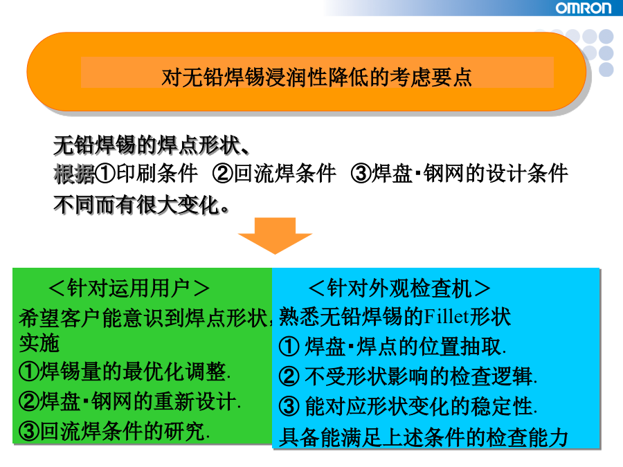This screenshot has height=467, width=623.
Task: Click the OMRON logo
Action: (584, 8)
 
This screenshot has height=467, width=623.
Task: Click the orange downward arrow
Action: (275, 235)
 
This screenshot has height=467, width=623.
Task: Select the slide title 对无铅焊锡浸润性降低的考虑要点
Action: (316, 77)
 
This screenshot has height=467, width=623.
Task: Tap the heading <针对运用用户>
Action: (129, 288)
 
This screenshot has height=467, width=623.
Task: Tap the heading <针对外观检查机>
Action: (399, 289)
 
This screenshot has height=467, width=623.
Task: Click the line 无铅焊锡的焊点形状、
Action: (152, 145)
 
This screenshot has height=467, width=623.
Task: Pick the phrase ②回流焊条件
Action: (274, 174)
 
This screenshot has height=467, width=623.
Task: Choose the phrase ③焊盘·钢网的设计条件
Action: (460, 174)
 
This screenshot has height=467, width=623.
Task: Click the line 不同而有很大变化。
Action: (141, 205)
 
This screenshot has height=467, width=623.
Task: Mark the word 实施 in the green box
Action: (39, 343)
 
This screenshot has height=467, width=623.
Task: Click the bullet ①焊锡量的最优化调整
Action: (125, 372)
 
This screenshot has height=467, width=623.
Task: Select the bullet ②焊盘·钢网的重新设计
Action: (130, 401)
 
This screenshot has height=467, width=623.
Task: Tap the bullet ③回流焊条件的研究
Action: (114, 431)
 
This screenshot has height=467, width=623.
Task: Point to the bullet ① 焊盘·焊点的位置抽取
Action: (392, 347)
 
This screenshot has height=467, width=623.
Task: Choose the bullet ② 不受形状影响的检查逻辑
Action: (408, 376)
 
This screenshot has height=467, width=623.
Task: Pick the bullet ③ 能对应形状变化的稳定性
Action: (408, 406)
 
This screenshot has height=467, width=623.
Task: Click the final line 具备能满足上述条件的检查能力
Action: (424, 437)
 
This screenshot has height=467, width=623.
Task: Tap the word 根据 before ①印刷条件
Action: (74, 174)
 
